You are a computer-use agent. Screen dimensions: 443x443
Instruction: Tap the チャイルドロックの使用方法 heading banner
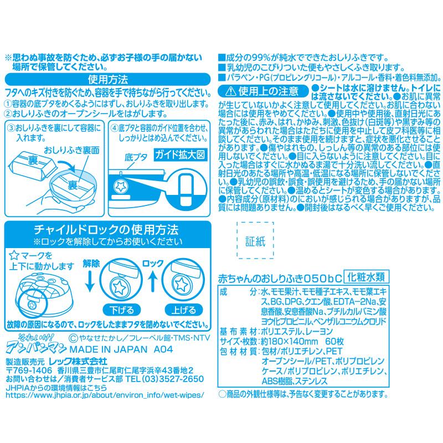[106, 229]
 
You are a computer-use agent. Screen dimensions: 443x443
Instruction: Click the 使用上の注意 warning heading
[260, 90]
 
